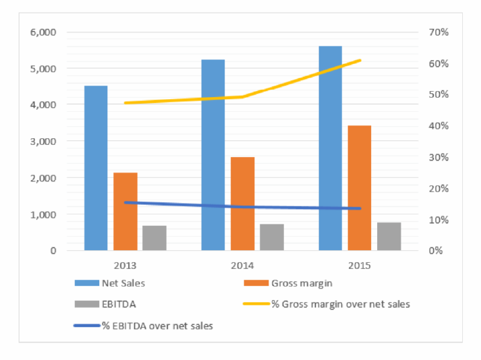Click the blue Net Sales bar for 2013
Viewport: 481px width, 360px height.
[x=96, y=168]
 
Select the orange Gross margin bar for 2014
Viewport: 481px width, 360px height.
[x=243, y=204]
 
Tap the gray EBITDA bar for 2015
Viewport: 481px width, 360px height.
[x=389, y=237]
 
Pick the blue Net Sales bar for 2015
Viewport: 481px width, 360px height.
[x=331, y=148]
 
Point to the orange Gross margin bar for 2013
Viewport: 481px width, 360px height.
[x=125, y=212]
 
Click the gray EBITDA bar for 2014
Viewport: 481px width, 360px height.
[x=272, y=237]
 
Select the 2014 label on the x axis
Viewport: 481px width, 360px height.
[x=242, y=266]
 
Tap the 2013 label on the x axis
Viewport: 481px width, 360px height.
[x=125, y=266]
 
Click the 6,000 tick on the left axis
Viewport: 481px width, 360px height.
[x=43, y=32]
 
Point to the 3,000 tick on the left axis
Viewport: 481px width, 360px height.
[x=43, y=142]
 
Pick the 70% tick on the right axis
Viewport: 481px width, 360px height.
[x=438, y=32]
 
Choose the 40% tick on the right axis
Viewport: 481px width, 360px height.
[x=438, y=125]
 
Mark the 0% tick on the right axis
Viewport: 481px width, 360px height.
[x=436, y=251]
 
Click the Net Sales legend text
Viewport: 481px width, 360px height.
[x=123, y=283]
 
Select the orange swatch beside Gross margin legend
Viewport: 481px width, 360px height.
[x=256, y=283]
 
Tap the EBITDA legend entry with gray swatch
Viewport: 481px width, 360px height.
[x=105, y=304]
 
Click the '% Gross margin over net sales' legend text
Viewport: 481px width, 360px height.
[x=341, y=304]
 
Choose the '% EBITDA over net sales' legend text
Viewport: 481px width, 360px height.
[x=157, y=326]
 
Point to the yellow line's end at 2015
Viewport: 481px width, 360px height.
[x=360, y=61]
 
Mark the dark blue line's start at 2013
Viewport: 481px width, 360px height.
[x=125, y=202]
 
